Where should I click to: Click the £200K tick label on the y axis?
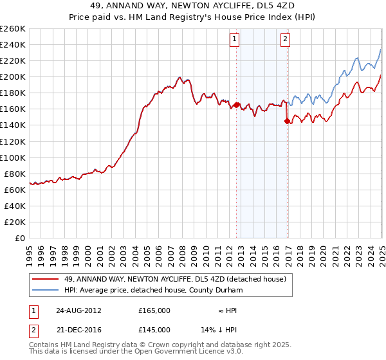(x=13, y=76)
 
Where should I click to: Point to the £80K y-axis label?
(x=15, y=174)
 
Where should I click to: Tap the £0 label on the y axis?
(x=21, y=238)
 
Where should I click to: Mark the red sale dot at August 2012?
(x=237, y=105)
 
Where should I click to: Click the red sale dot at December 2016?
(x=287, y=121)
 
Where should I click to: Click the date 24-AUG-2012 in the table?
(x=78, y=310)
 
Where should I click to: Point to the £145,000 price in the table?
(x=154, y=329)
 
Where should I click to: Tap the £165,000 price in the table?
(x=154, y=310)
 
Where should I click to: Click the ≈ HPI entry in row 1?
(x=226, y=310)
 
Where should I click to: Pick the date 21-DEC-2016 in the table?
(x=78, y=329)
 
